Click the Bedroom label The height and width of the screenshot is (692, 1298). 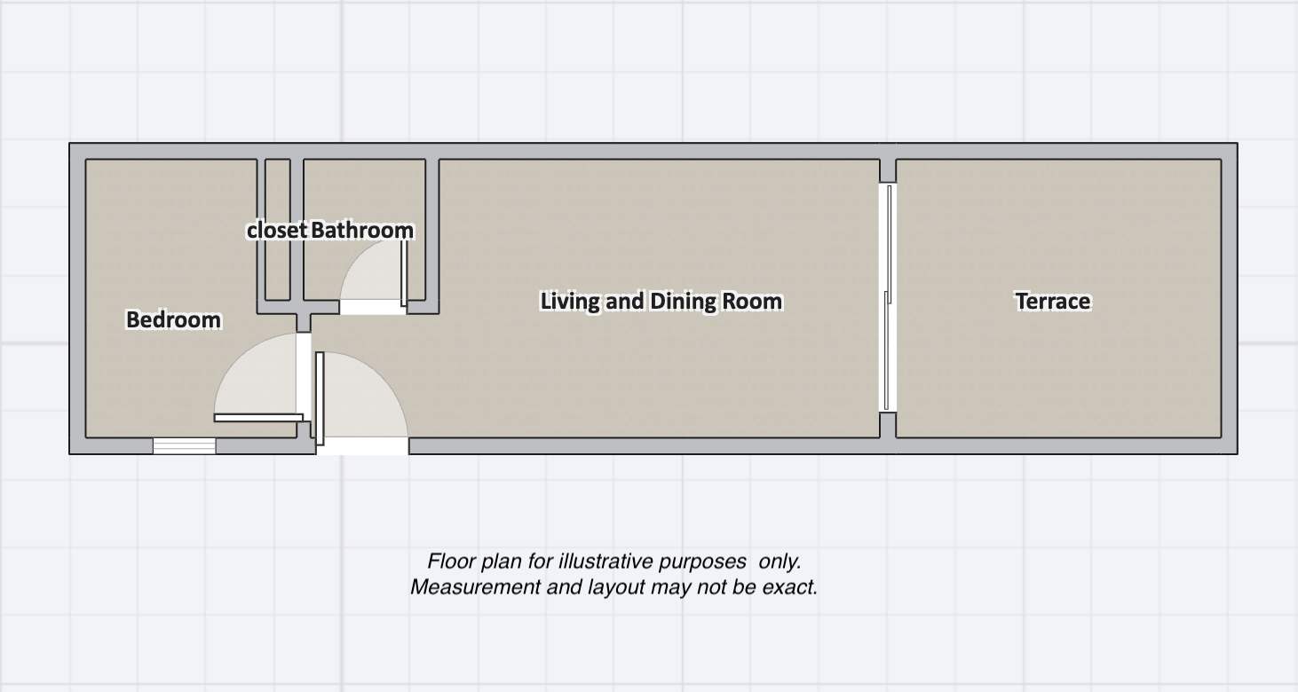[x=173, y=319]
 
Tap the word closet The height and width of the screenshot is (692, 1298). [x=276, y=230]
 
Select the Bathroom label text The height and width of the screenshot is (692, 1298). [x=362, y=230]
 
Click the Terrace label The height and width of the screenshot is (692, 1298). [x=1052, y=301]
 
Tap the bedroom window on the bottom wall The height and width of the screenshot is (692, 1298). [x=185, y=446]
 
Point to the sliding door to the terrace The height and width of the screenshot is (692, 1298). [x=888, y=297]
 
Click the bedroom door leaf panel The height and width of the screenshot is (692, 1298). [x=258, y=418]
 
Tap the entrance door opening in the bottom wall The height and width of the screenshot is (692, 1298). [x=363, y=446]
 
